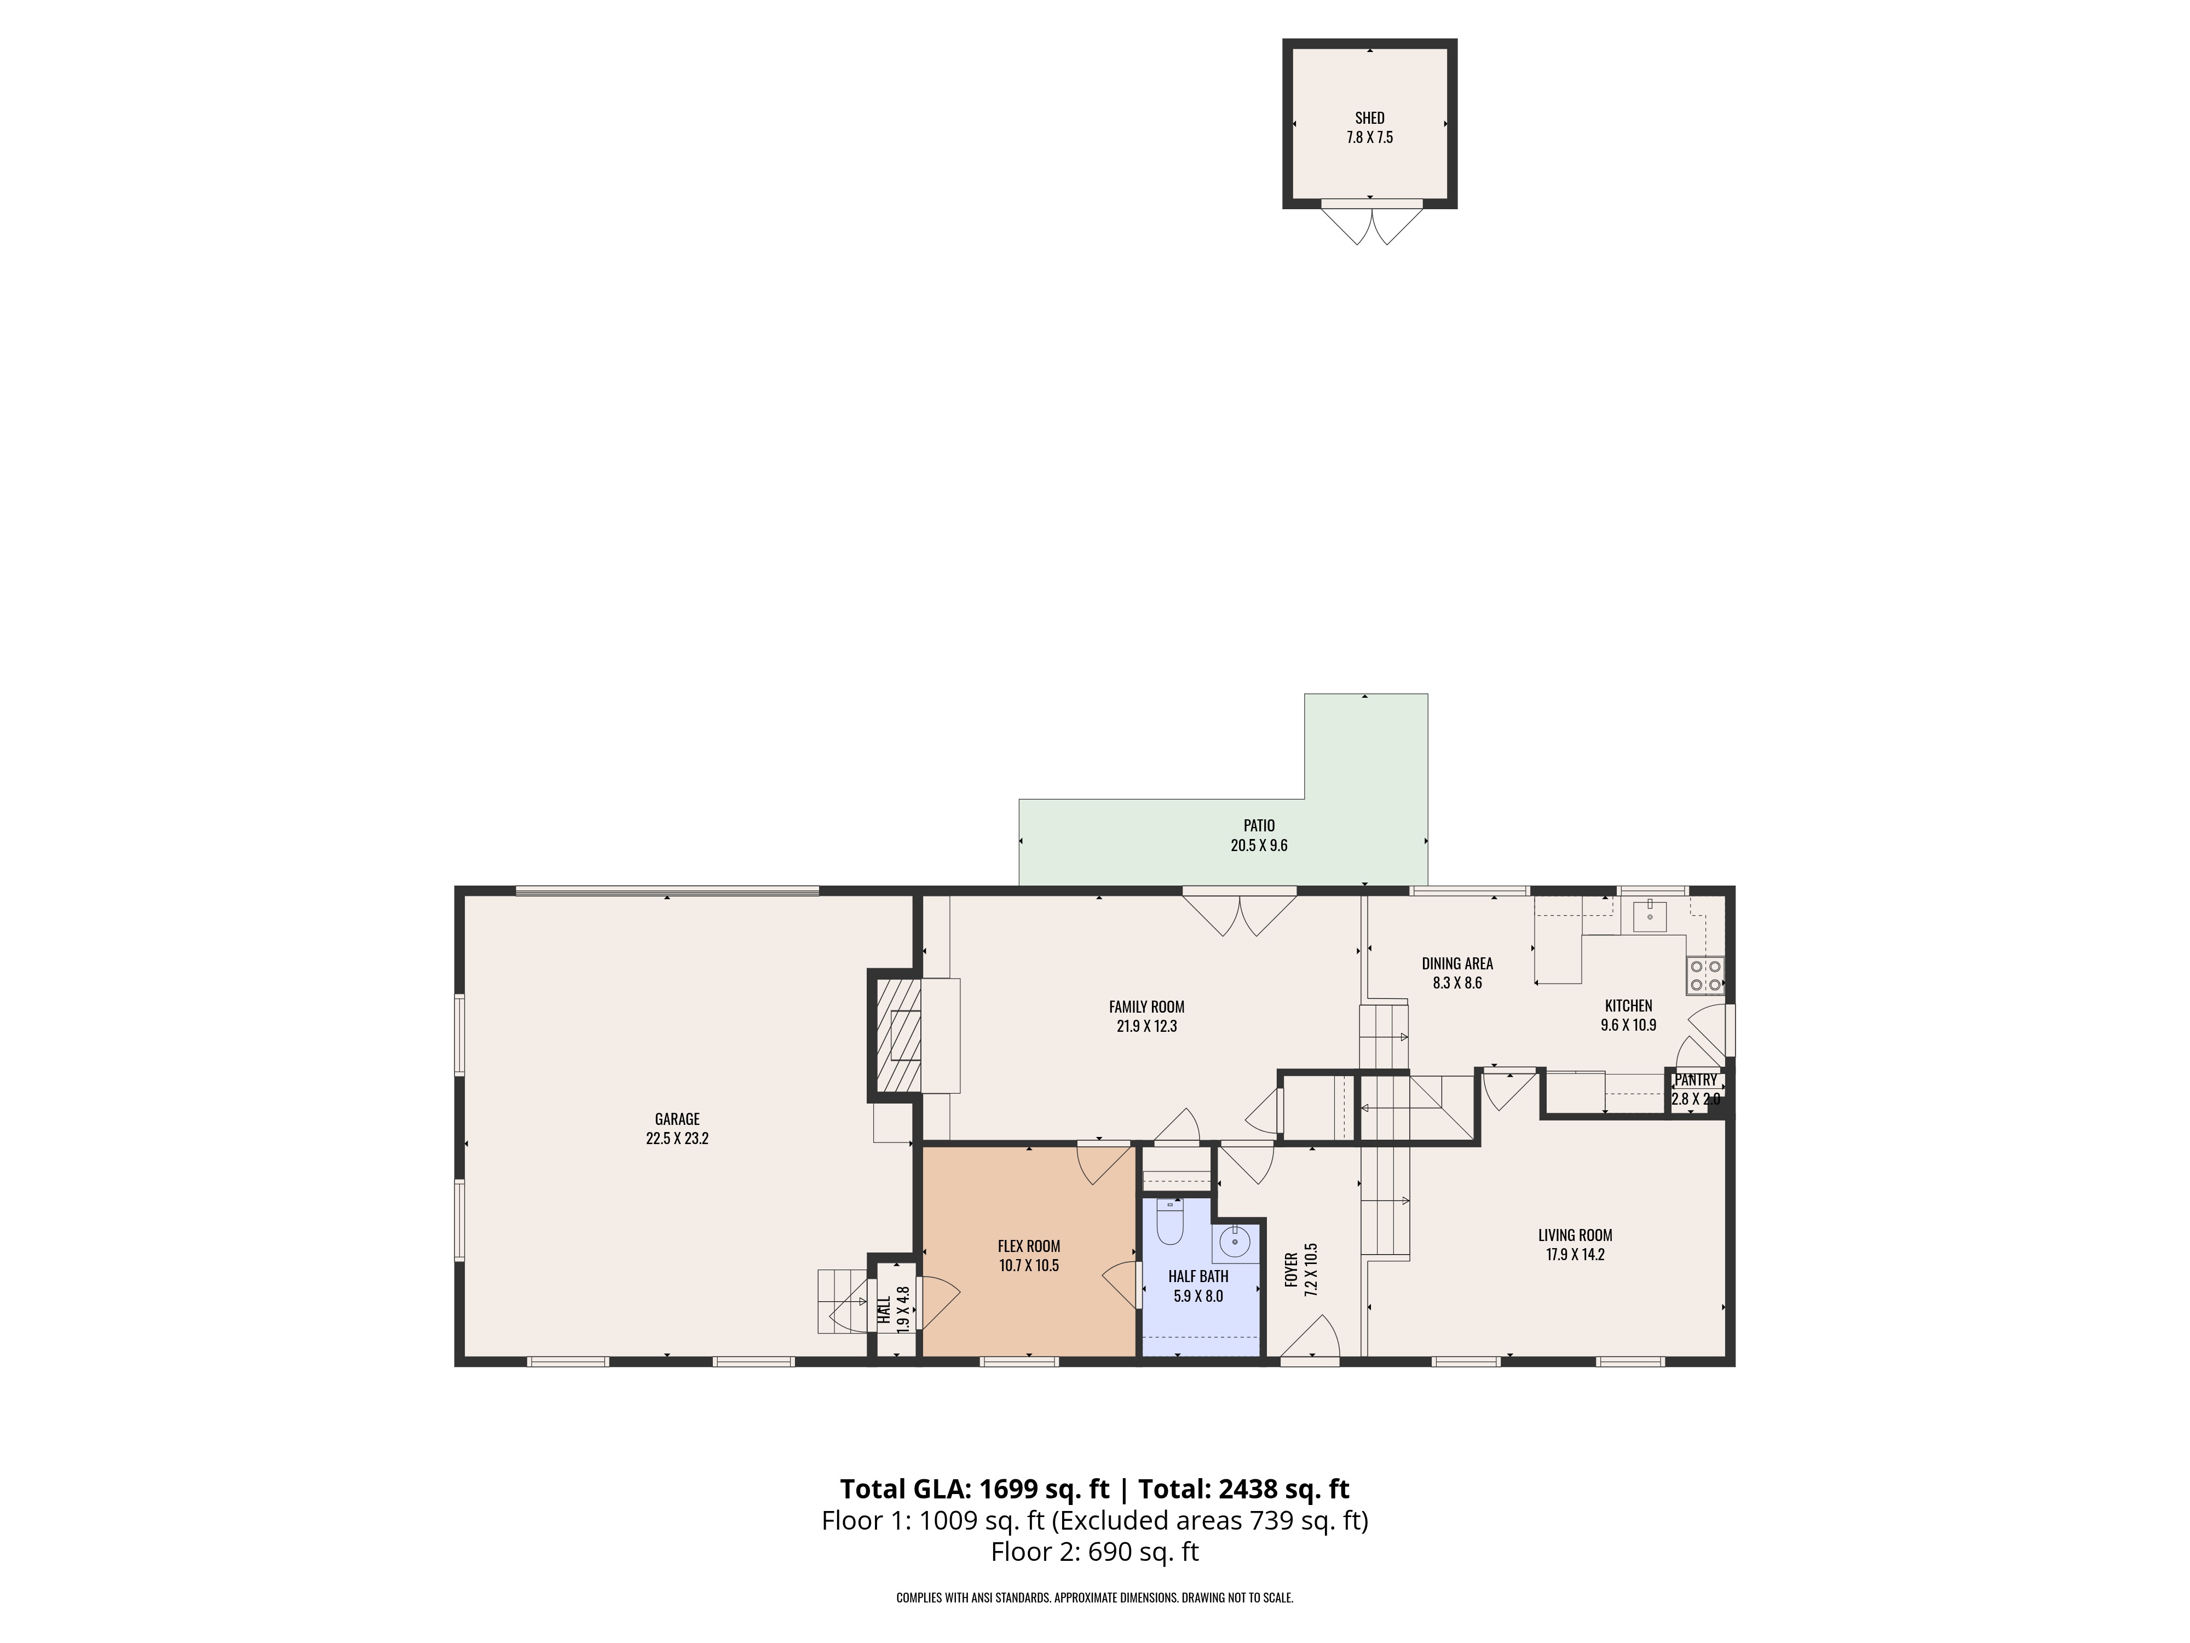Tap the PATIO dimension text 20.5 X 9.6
[x=1258, y=846]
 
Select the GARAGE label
[x=677, y=1119]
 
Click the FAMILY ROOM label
[x=1146, y=1007]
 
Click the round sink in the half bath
[x=1235, y=1241]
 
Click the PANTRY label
[x=1696, y=1081]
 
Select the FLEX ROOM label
[x=1029, y=1247]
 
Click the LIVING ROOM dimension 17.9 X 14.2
[x=1575, y=1255]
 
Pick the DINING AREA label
[x=1457, y=963]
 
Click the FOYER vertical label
[x=1291, y=1269]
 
